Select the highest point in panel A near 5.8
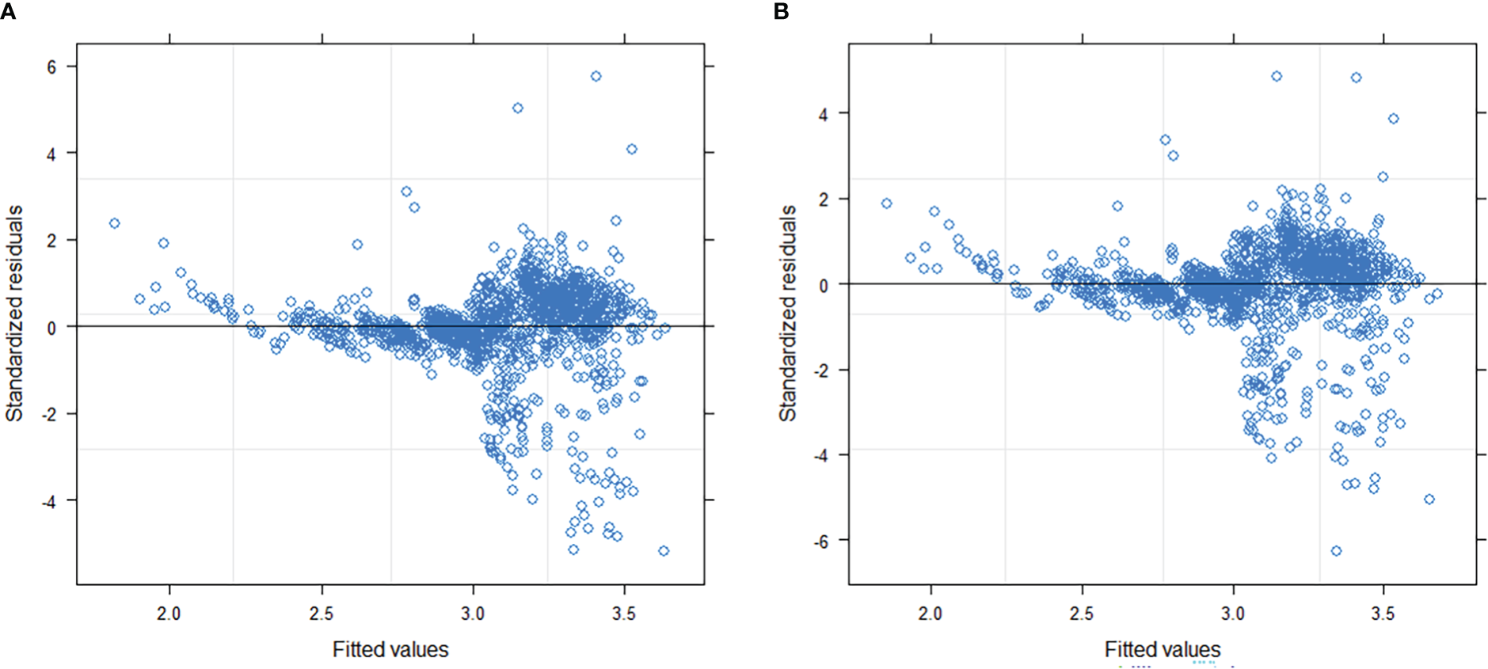(596, 76)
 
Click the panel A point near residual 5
(517, 108)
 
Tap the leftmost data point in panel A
(114, 223)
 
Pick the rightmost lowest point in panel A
(664, 550)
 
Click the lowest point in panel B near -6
(1336, 550)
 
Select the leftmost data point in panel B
(886, 203)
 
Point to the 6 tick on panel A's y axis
(51, 67)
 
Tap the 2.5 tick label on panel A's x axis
(321, 614)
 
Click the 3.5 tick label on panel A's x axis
(624, 614)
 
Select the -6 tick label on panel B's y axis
(820, 542)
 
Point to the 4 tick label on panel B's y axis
(824, 115)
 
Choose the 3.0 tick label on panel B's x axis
(1232, 614)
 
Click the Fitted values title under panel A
(390, 649)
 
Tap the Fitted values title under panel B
(1162, 649)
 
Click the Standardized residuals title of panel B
(787, 313)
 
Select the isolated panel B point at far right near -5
(1429, 499)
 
